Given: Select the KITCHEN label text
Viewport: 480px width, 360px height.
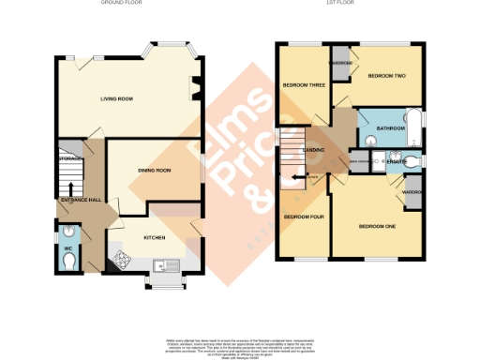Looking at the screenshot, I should coord(155,238).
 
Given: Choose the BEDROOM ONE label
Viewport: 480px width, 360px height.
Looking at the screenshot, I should coord(377,226).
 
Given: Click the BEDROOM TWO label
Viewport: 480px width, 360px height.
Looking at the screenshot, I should coord(385,76).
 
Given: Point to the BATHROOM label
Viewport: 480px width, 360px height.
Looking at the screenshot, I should coord(390,127).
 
